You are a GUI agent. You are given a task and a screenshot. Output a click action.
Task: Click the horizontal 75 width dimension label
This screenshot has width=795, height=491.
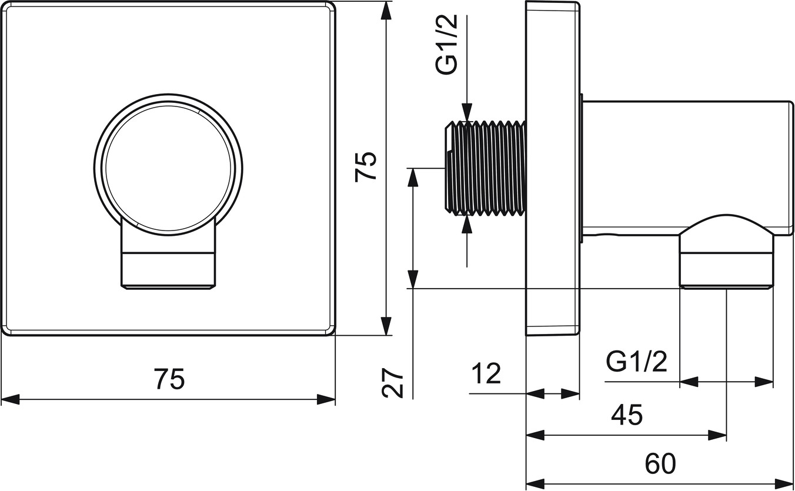pos(169,379)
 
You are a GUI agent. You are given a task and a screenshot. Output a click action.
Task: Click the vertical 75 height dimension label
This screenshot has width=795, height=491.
pos(365,167)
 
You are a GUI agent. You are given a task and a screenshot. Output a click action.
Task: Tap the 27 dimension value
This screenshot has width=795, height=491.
pos(393,382)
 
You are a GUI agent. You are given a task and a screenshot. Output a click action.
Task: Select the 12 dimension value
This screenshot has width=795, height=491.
pos(486,373)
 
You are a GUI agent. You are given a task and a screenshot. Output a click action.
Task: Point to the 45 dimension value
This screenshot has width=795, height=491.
pos(627,415)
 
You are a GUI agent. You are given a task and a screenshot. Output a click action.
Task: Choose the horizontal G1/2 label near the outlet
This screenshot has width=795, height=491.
pos(636,362)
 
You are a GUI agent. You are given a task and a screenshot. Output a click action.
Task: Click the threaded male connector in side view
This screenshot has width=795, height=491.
pos(485,168)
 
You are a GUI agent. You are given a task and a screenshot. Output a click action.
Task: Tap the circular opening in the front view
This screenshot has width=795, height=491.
pos(169,168)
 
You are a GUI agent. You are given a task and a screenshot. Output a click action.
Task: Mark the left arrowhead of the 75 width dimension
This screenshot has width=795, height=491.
pos(11,399)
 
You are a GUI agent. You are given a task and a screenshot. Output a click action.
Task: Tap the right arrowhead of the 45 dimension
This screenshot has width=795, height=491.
pos(717,435)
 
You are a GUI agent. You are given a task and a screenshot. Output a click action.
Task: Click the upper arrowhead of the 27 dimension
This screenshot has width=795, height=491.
pos(413,177)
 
